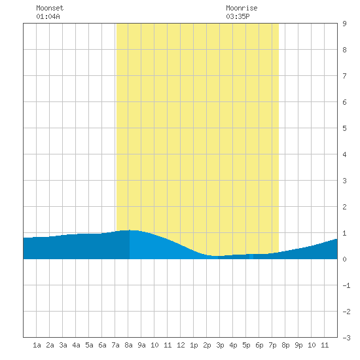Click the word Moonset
point(50,8)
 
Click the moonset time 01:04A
point(48,16)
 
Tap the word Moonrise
point(242,8)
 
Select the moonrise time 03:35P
point(238,16)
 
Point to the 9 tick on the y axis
point(344,24)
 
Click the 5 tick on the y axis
point(344,128)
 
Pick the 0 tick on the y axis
point(344,259)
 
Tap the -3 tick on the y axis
point(346,338)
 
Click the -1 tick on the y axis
point(346,285)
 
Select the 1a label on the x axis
point(37,345)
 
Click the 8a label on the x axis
point(128,345)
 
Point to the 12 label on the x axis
point(181,345)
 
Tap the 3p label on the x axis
point(220,345)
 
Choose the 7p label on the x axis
point(272,345)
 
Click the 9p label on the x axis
point(298,345)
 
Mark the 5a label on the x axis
point(89,345)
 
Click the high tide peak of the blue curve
point(130,230)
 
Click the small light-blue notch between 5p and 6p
point(251,257)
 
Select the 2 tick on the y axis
point(344,207)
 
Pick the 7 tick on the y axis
point(344,76)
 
